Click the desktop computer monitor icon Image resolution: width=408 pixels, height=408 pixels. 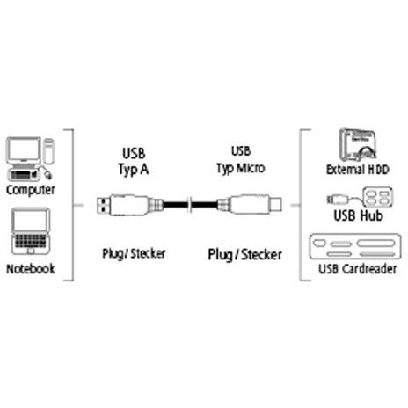tap(24, 150)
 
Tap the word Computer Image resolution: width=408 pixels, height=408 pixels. tap(31, 190)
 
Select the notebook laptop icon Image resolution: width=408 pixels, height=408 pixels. tap(31, 231)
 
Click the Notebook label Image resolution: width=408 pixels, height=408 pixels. tap(31, 269)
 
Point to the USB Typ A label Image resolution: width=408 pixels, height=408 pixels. tap(134, 162)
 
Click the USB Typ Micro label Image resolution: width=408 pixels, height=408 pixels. tap(241, 160)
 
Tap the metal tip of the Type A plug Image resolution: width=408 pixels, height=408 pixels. tap(103, 205)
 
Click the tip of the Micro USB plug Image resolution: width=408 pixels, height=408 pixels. tap(275, 204)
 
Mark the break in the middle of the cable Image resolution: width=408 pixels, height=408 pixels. tap(190, 205)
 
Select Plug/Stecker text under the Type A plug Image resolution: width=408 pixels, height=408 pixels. tap(134, 253)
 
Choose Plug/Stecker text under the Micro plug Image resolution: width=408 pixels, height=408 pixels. tap(245, 255)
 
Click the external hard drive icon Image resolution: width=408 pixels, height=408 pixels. tap(358, 145)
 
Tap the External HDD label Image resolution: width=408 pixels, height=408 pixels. tap(358, 170)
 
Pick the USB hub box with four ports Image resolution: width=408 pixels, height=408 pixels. tap(378, 197)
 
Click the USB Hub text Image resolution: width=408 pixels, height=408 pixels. tap(359, 215)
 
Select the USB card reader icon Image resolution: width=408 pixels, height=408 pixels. tap(355, 246)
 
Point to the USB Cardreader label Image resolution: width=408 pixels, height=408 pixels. tap(358, 269)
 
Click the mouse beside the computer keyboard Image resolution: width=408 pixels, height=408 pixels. tap(47, 175)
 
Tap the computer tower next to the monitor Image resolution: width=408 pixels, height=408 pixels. tap(48, 151)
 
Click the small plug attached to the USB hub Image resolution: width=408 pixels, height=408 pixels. tap(337, 200)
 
